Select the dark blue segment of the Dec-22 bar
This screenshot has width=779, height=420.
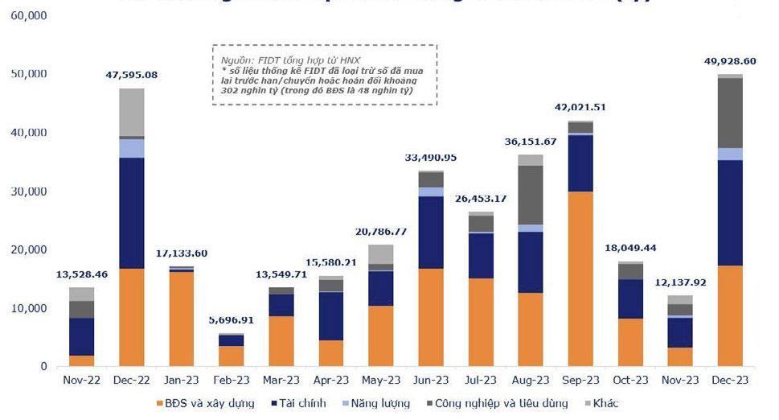click(x=131, y=212)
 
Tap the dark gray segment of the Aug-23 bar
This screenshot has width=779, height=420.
click(x=530, y=195)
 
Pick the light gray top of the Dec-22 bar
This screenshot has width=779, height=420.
click(x=131, y=112)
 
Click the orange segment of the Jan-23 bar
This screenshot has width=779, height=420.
click(x=181, y=319)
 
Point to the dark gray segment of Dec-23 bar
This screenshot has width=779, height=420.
click(x=729, y=113)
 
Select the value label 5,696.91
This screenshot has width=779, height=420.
click(x=231, y=319)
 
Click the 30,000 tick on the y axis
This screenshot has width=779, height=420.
click(x=28, y=191)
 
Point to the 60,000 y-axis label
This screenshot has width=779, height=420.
click(x=28, y=16)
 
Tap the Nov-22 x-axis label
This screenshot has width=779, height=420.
click(x=81, y=380)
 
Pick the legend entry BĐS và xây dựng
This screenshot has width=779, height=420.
click(x=208, y=403)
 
